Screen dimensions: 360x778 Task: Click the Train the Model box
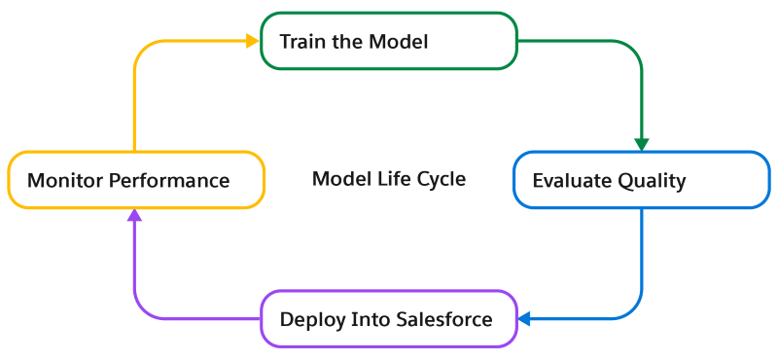coord(388,42)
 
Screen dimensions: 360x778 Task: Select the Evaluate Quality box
coord(641,180)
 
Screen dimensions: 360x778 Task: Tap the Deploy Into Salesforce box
coord(388,319)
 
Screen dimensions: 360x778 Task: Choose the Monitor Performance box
coord(135,180)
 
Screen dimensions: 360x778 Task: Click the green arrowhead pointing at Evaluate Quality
coord(641,143)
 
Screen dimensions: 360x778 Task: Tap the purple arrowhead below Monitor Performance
coord(135,217)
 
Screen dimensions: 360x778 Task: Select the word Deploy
coord(309,320)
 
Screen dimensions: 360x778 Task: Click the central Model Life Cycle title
coord(388,180)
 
